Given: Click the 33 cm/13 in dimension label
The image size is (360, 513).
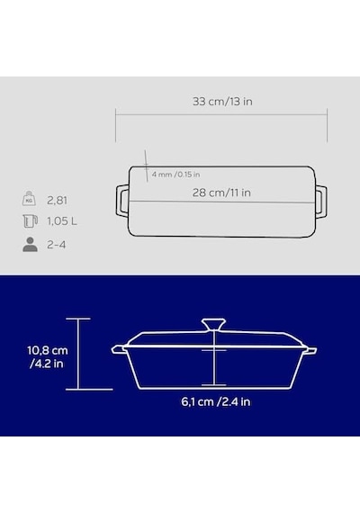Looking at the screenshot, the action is (222, 102).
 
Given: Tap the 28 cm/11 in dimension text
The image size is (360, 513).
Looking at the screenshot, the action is (221, 193).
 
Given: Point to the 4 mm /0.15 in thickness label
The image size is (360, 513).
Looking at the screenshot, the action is (175, 175).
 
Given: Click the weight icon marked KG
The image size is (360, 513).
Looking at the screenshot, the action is (29, 199).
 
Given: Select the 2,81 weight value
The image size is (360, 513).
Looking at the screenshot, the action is (57, 200).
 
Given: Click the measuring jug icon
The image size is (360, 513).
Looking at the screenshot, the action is (30, 220).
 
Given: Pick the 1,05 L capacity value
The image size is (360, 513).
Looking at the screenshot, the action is (62, 221).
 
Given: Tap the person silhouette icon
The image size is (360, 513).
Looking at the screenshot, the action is (30, 245).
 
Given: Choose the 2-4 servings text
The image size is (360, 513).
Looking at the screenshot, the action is (57, 245).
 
